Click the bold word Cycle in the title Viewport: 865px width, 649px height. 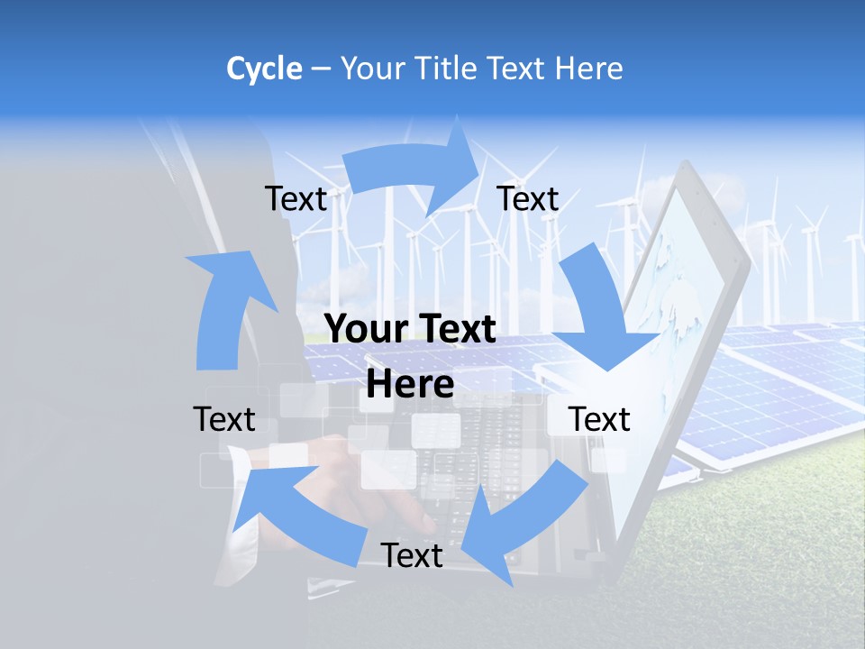[264, 69]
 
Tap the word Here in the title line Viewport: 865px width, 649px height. [589, 69]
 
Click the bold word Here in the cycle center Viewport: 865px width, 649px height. [410, 384]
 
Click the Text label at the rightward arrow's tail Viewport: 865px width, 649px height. [296, 199]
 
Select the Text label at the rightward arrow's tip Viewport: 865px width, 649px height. [528, 199]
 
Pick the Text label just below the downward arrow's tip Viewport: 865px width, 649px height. [600, 419]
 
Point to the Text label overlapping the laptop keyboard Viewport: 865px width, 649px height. [412, 556]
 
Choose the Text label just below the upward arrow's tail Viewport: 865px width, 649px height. [224, 419]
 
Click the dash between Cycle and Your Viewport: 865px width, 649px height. [321, 69]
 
